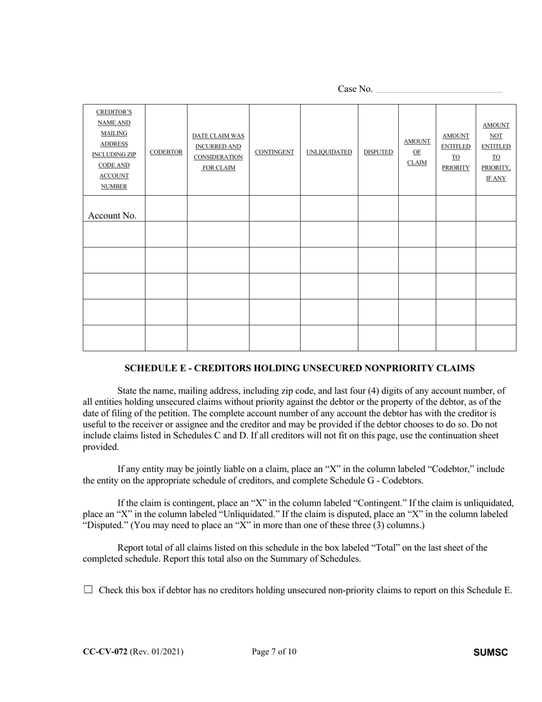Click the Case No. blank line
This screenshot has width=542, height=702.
(439, 90)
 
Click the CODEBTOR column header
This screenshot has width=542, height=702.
(166, 152)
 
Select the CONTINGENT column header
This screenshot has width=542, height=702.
(274, 152)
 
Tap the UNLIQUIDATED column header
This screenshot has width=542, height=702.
(329, 152)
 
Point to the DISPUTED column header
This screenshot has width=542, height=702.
(378, 152)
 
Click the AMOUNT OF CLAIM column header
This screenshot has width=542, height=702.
(417, 152)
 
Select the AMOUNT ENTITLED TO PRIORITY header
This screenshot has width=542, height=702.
(456, 152)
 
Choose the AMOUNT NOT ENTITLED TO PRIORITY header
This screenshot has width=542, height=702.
(496, 152)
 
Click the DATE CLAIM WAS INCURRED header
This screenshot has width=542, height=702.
(218, 152)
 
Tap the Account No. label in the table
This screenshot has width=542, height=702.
(112, 216)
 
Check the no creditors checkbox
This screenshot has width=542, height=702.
(88, 590)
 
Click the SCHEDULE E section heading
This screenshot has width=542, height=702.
(300, 368)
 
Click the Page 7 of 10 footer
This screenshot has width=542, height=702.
(274, 652)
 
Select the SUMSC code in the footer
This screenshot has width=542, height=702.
(491, 652)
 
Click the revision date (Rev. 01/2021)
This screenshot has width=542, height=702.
(157, 652)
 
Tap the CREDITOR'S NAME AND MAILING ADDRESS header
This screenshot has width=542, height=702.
(114, 150)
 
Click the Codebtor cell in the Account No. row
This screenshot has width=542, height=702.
(166, 208)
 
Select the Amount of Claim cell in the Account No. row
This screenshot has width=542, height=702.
(417, 208)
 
